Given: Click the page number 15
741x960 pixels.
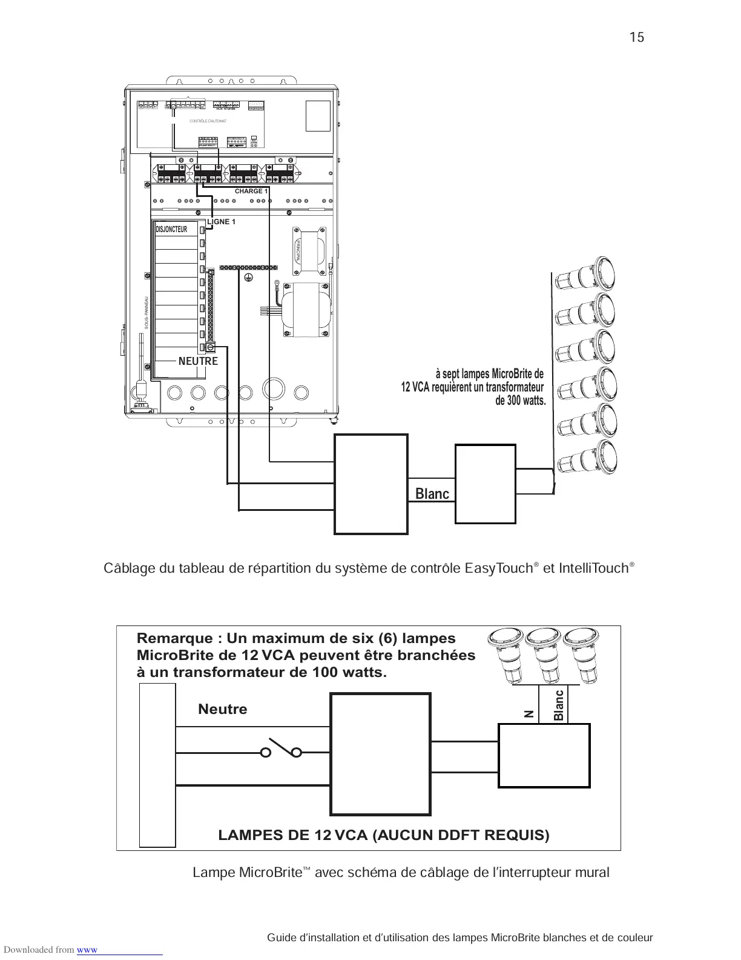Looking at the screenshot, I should click(636, 38).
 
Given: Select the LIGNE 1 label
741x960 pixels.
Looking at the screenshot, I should click(221, 222).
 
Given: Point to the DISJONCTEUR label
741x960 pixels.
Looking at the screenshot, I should click(171, 229).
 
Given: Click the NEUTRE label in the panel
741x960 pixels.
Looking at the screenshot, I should click(198, 361).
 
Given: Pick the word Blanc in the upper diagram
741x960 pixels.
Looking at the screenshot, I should click(432, 494).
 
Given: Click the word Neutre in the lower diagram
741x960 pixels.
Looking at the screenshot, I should click(222, 709).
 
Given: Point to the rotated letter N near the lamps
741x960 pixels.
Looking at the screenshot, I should click(529, 714).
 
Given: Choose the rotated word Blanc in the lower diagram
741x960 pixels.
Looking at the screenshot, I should click(559, 705).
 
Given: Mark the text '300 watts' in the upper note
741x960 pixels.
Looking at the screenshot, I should click(526, 401).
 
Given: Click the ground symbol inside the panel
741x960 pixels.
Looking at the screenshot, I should click(247, 278).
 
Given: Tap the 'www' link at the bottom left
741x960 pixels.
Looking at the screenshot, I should click(87, 950).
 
